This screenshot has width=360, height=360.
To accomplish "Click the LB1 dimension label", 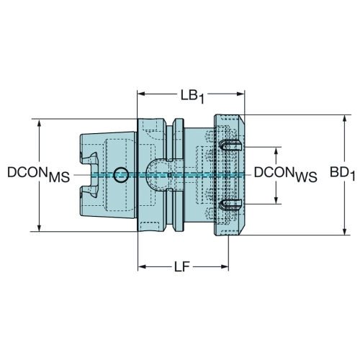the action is tap(192, 96).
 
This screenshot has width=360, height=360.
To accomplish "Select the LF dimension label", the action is tap(182, 266).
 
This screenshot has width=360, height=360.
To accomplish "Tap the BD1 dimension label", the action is tap(342, 174).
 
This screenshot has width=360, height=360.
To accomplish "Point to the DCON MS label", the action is tap(38, 174).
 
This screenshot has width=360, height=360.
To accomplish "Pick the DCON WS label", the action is tap(286, 174).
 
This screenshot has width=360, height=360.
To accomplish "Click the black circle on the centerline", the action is tap(121, 174).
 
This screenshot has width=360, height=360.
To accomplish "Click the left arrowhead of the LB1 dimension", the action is tap(141, 94).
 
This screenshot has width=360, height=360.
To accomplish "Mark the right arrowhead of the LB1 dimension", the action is tap(240, 94).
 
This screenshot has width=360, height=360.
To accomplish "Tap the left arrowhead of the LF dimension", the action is tap(142, 266).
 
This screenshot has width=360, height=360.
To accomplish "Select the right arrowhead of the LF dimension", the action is tap(224, 266).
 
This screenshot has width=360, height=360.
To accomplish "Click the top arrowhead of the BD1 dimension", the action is tap(345, 120).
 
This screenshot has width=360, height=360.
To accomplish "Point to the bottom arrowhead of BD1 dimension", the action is tap(345, 231).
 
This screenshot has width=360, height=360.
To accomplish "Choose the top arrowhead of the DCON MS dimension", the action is tap(40, 123).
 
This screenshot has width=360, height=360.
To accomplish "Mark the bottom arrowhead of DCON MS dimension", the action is tap(40, 228).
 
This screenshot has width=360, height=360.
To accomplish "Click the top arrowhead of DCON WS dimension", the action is tap(276, 151).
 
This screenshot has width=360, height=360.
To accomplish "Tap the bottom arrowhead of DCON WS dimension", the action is tap(276, 199).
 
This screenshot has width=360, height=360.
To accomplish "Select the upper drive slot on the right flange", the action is tap(230, 145).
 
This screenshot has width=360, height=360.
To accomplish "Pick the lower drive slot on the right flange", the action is tap(230, 204).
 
